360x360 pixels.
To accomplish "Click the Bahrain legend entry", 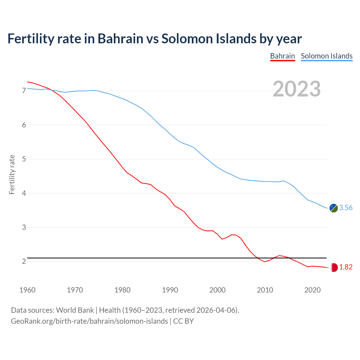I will [282, 56].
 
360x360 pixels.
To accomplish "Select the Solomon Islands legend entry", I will [327, 56].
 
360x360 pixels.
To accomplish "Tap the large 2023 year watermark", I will [297, 89].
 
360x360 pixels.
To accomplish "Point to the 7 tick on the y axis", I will [24, 91].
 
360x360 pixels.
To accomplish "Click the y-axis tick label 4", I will [24, 193].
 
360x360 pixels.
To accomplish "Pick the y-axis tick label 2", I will [24, 261].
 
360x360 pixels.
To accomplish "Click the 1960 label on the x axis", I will [27, 290].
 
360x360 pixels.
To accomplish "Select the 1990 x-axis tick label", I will [170, 290].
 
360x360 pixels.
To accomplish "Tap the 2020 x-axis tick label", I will [312, 290].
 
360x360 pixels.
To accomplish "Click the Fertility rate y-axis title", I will [12, 174].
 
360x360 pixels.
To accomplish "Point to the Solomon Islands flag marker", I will [334, 208].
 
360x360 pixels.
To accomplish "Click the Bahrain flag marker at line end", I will [334, 267].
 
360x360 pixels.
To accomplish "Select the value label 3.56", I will [346, 208].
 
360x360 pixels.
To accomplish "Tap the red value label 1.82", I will [346, 267].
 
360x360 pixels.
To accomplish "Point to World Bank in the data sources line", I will [75, 310].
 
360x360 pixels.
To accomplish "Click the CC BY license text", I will [183, 321].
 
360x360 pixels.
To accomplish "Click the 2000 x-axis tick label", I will [217, 290].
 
